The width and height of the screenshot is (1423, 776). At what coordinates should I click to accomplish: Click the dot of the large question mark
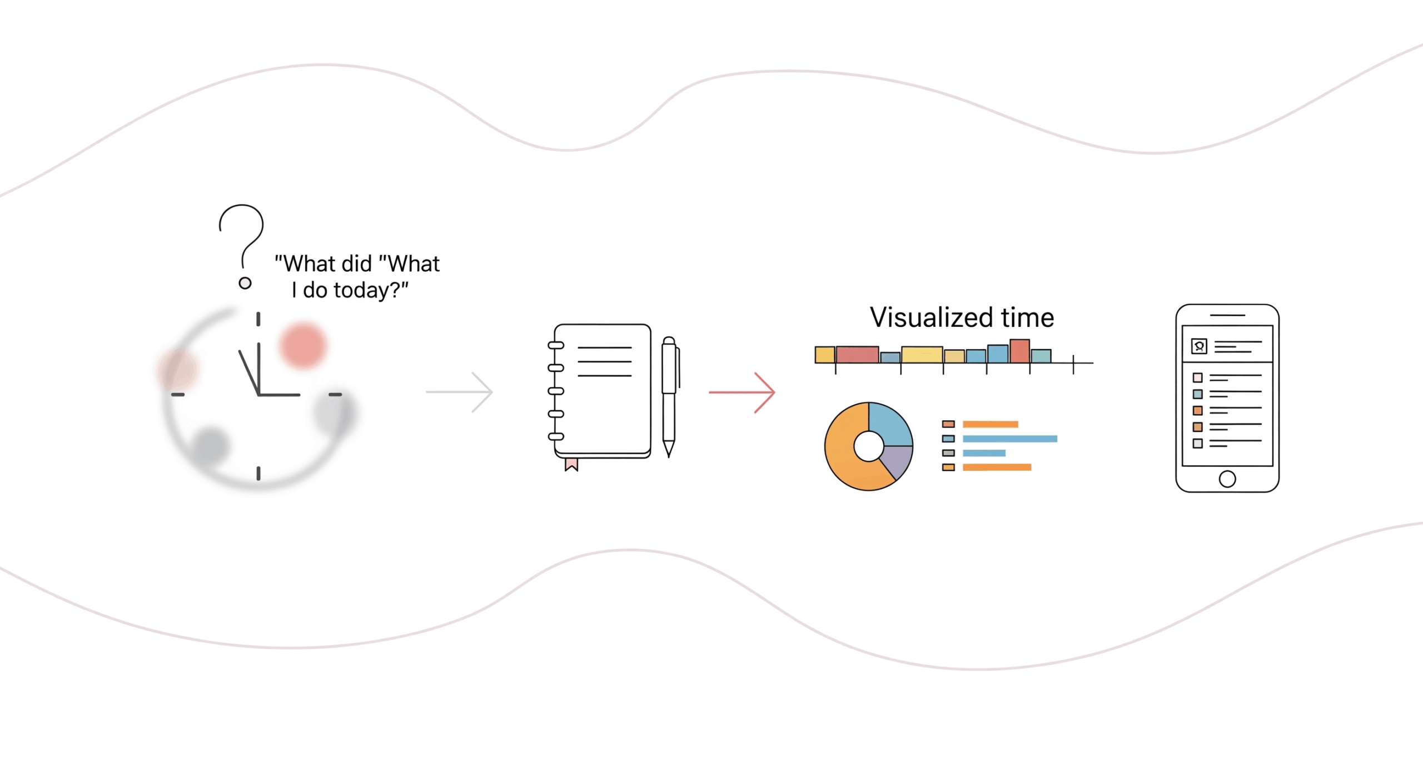[x=245, y=283]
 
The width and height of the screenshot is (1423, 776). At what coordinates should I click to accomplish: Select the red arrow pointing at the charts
[x=742, y=392]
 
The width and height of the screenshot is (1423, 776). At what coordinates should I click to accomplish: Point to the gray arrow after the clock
[x=460, y=392]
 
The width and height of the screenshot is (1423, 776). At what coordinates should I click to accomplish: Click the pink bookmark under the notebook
[x=571, y=464]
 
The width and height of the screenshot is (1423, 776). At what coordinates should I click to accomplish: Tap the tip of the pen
[x=669, y=453]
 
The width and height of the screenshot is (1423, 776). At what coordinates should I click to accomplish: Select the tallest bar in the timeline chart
[x=1019, y=351]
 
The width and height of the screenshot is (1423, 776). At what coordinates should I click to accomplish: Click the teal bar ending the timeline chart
[x=1041, y=356]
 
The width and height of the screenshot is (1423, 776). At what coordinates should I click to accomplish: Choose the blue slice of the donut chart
[x=889, y=424]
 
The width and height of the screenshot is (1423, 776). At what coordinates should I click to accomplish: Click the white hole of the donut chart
[x=868, y=446]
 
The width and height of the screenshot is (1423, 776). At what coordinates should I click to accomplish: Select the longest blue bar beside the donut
[x=1009, y=439]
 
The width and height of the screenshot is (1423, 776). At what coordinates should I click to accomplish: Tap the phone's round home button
[x=1227, y=479]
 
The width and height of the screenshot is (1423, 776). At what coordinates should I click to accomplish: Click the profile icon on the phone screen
[x=1199, y=346]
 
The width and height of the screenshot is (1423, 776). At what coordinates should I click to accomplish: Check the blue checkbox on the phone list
[x=1198, y=394]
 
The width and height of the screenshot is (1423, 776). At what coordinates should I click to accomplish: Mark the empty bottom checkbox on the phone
[x=1198, y=443]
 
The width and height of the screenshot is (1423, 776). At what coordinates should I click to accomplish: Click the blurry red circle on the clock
[x=303, y=345]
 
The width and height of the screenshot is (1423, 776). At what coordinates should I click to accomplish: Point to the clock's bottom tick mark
[x=258, y=473]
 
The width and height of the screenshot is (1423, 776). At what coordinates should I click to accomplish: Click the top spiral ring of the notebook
[x=556, y=345]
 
